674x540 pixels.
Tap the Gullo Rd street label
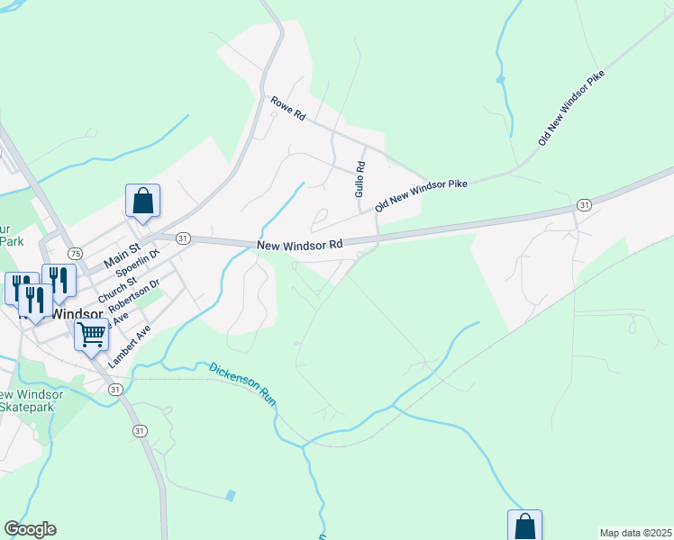[360, 179]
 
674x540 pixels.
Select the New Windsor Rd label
[300, 244]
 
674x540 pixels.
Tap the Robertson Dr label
[127, 297]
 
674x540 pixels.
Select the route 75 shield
[75, 253]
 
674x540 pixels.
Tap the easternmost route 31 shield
[585, 205]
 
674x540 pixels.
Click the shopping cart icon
[91, 335]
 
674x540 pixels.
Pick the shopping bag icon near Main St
[142, 200]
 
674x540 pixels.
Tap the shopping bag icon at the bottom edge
[524, 526]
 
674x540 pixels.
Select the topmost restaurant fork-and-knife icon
[58, 278]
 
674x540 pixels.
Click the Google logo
[30, 529]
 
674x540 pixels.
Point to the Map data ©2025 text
[634, 533]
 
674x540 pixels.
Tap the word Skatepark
[27, 408]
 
